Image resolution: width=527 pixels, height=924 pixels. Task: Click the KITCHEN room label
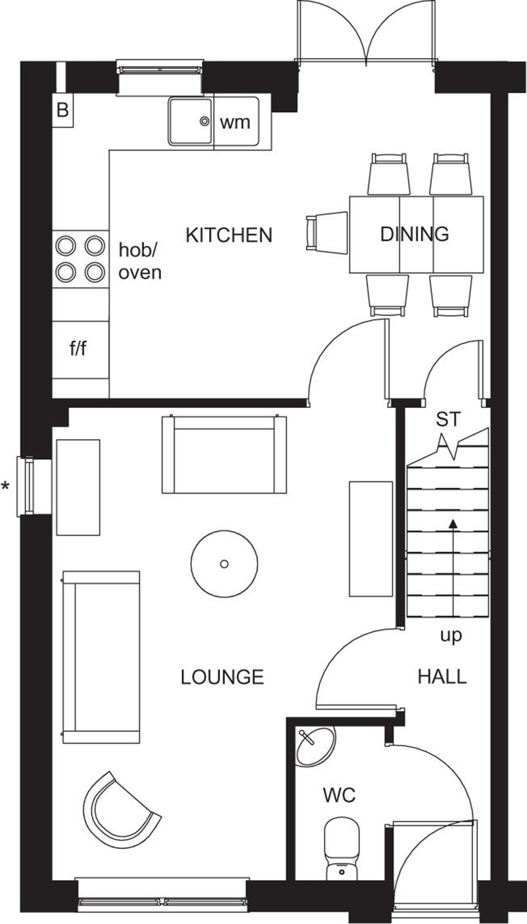coord(229,235)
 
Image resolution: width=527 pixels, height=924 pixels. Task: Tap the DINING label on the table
coord(414,234)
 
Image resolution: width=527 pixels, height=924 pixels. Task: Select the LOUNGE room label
coord(222,677)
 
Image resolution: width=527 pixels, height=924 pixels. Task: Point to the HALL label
coord(442,676)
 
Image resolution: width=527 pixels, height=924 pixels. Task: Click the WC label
coord(339,795)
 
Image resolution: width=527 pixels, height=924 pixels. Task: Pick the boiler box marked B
coord(63,110)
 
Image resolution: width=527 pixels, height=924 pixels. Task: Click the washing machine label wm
coord(235,123)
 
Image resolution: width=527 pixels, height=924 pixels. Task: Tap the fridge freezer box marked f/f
coord(78,349)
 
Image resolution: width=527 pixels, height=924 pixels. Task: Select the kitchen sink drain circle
coord(205,122)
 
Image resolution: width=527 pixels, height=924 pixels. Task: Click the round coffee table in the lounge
coord(224,564)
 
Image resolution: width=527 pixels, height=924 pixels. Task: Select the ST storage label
coord(448,419)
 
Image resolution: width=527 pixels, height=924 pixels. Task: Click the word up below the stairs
coord(451,636)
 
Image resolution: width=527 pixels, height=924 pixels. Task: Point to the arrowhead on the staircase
coord(453,524)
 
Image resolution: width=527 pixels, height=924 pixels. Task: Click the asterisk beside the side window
coord(6,486)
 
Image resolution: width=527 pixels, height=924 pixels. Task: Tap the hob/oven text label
coord(139,261)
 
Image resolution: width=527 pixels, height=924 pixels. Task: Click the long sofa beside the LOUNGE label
coord(101,657)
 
